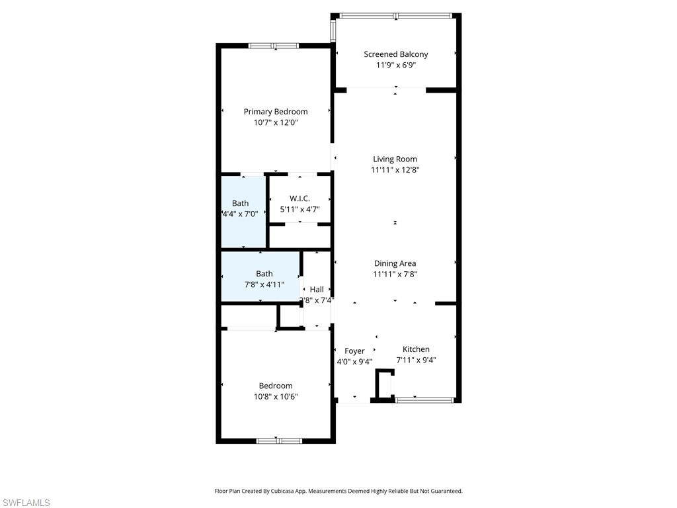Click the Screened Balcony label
click(395, 54)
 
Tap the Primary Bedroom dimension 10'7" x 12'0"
click(276, 122)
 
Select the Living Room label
click(395, 159)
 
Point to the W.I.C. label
click(299, 198)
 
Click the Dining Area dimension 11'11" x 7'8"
click(395, 274)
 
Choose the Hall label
click(317, 289)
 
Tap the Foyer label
click(354, 351)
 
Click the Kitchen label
click(416, 349)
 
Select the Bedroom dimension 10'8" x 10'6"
click(276, 397)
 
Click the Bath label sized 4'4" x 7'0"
click(241, 203)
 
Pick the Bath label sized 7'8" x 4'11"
click(264, 273)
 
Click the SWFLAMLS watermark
click(25, 503)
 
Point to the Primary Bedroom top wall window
click(273, 46)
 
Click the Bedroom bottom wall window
click(278, 441)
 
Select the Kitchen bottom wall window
click(423, 400)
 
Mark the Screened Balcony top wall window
click(395, 15)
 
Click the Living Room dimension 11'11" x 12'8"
click(395, 169)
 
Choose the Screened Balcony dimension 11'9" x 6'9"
click(395, 65)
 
